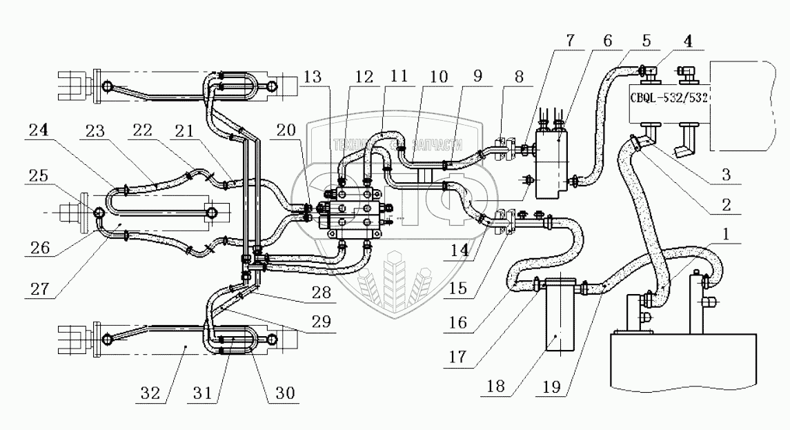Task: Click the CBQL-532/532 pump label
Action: point(669,98)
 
